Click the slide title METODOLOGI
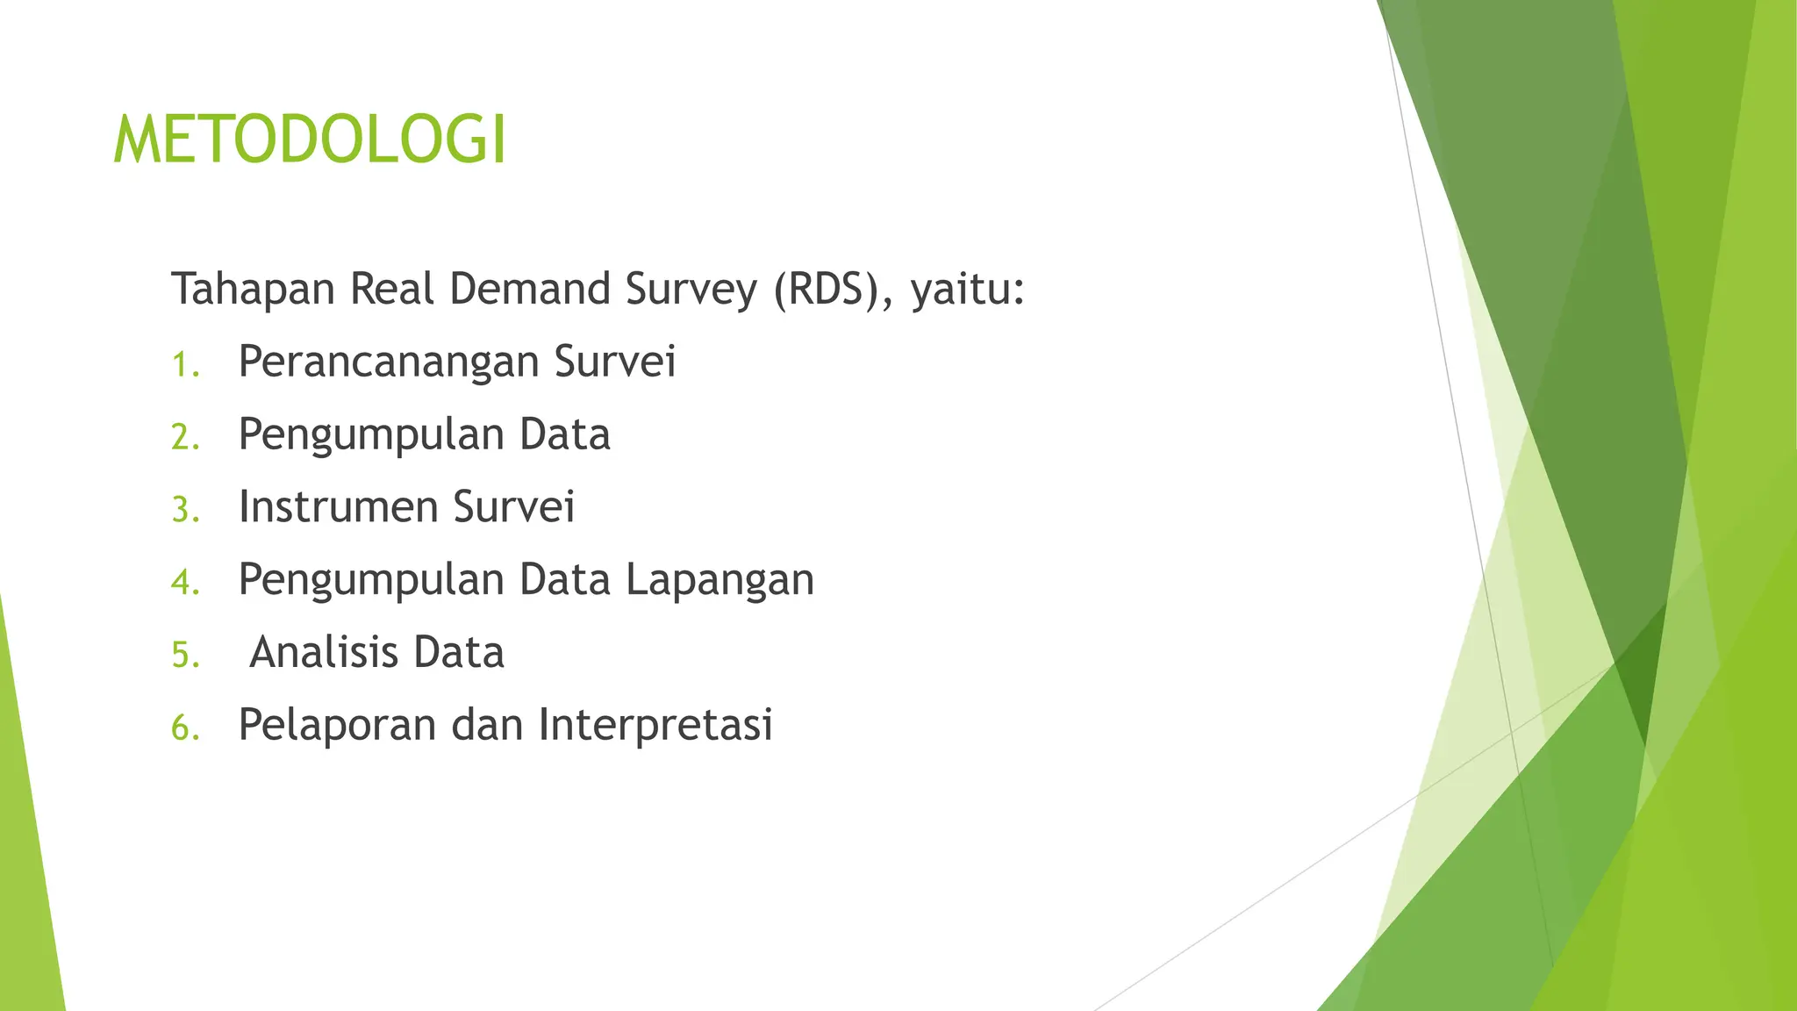pyautogui.click(x=311, y=140)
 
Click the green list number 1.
pyautogui.click(x=185, y=365)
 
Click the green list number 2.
pyautogui.click(x=185, y=438)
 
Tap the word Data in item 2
pyautogui.click(x=564, y=434)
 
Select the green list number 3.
pyautogui.click(x=185, y=511)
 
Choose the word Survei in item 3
pyautogui.click(x=514, y=507)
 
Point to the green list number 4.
pyautogui.click(x=185, y=583)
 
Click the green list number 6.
pyautogui.click(x=185, y=728)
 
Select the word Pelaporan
pyautogui.click(x=337, y=726)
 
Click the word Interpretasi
pyautogui.click(x=655, y=726)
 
